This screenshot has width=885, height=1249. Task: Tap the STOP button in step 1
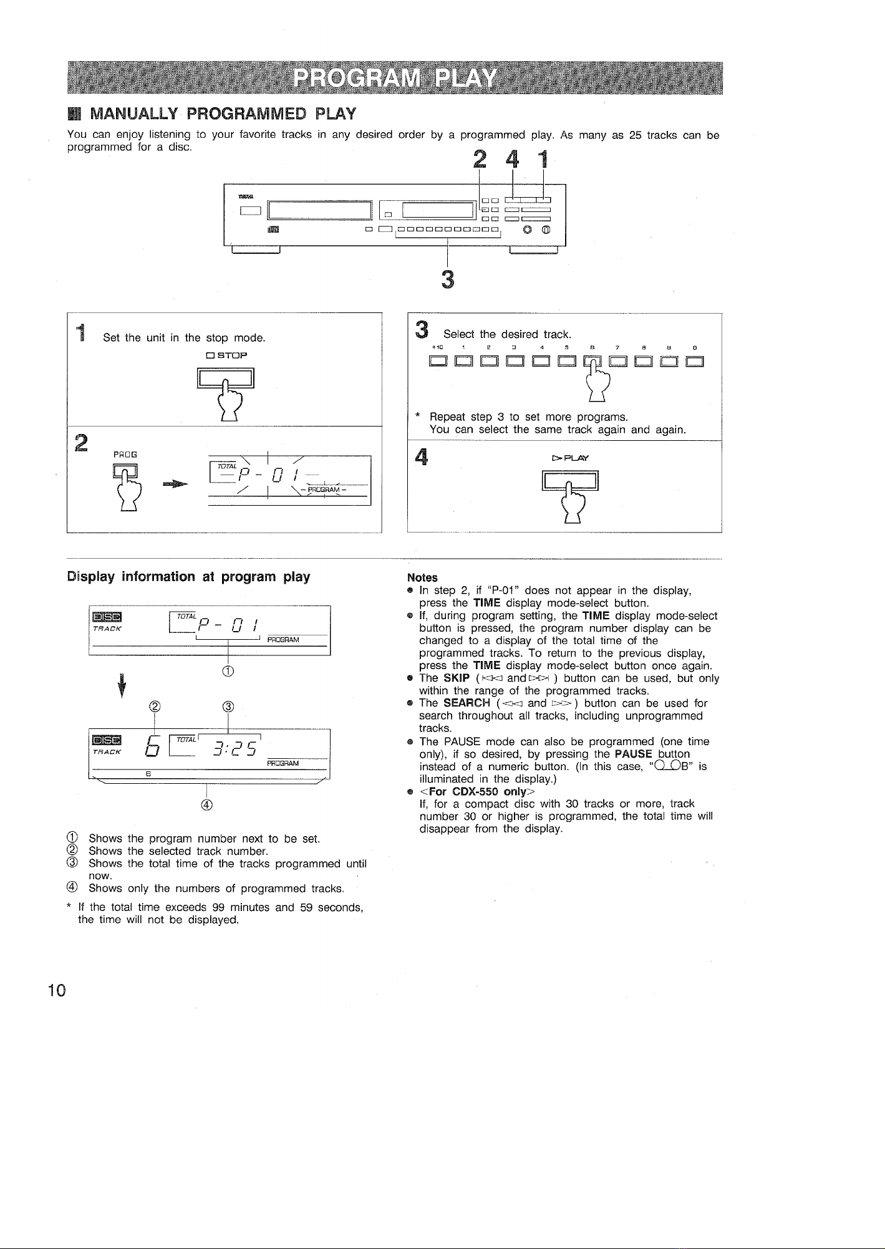click(x=226, y=379)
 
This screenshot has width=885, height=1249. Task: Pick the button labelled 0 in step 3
click(x=694, y=362)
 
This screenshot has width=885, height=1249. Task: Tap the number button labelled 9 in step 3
click(x=669, y=362)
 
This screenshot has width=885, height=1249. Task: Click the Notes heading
click(x=422, y=577)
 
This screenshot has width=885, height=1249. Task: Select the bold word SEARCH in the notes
click(x=467, y=703)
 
